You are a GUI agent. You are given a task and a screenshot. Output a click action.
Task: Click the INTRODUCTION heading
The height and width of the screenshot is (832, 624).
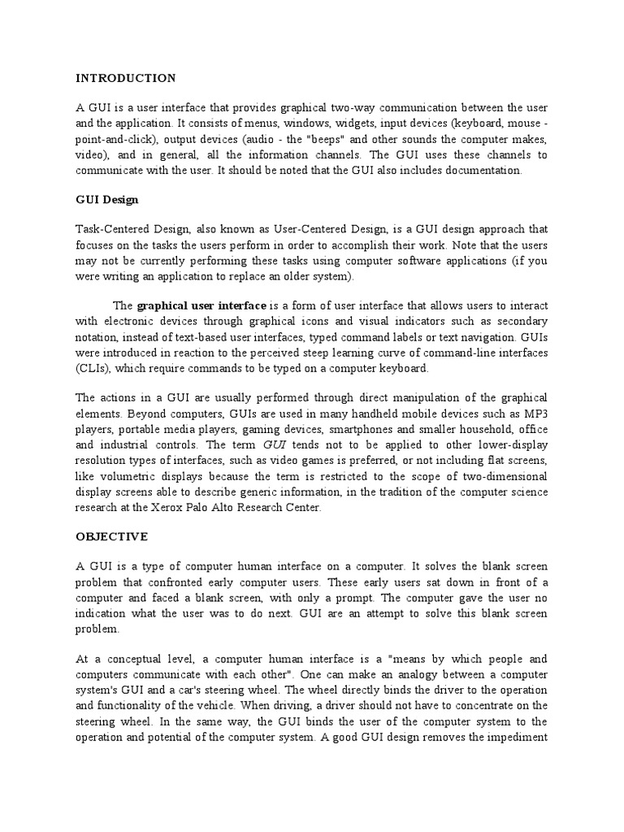coord(125,79)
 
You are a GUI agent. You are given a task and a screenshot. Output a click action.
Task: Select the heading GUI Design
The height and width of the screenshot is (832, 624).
coord(106,199)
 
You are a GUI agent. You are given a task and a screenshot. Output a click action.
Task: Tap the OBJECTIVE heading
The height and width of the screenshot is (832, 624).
coord(112,536)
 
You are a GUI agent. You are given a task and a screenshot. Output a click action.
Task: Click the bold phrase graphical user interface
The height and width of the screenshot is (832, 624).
coord(201,305)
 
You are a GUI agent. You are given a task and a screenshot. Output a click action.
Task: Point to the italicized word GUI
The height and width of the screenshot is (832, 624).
coord(273,446)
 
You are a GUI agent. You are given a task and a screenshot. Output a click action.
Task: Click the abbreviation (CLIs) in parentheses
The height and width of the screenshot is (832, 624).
coord(93,368)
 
